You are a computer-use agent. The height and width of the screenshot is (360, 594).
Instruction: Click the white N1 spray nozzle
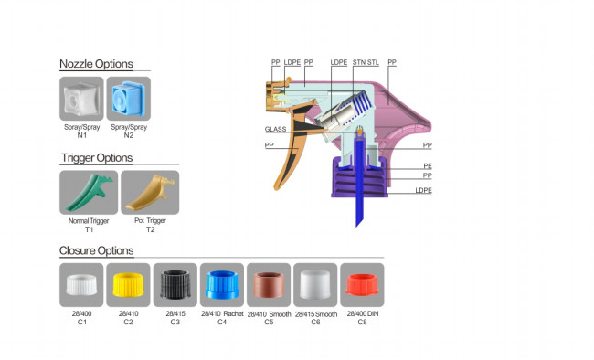(81, 100)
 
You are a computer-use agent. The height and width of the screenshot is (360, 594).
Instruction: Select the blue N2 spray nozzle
(129, 99)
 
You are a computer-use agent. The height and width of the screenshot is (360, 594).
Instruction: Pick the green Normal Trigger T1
(90, 192)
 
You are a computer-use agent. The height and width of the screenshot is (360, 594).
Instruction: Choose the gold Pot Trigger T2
(151, 193)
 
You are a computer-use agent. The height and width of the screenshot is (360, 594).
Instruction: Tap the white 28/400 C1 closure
(81, 285)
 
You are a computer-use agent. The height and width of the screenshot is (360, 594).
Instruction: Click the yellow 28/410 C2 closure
(129, 285)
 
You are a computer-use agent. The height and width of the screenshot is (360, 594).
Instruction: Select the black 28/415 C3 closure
(175, 284)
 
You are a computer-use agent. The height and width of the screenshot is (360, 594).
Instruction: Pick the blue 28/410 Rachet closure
(222, 284)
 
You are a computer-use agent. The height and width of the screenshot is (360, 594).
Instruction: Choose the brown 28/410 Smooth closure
(269, 284)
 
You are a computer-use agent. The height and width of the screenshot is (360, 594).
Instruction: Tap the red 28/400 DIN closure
(362, 284)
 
